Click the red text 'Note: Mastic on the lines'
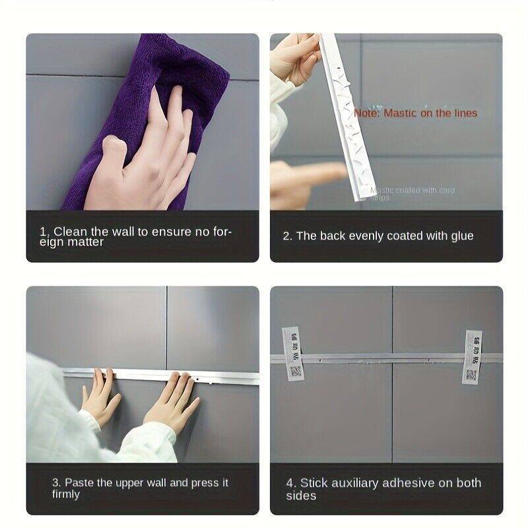click(x=415, y=113)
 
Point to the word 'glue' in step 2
click(x=461, y=236)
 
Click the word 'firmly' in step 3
click(x=66, y=494)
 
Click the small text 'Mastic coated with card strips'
click(x=412, y=193)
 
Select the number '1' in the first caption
click(x=42, y=232)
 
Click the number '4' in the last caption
click(x=289, y=483)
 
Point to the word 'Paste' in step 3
click(x=79, y=482)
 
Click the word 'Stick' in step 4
click(x=314, y=483)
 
